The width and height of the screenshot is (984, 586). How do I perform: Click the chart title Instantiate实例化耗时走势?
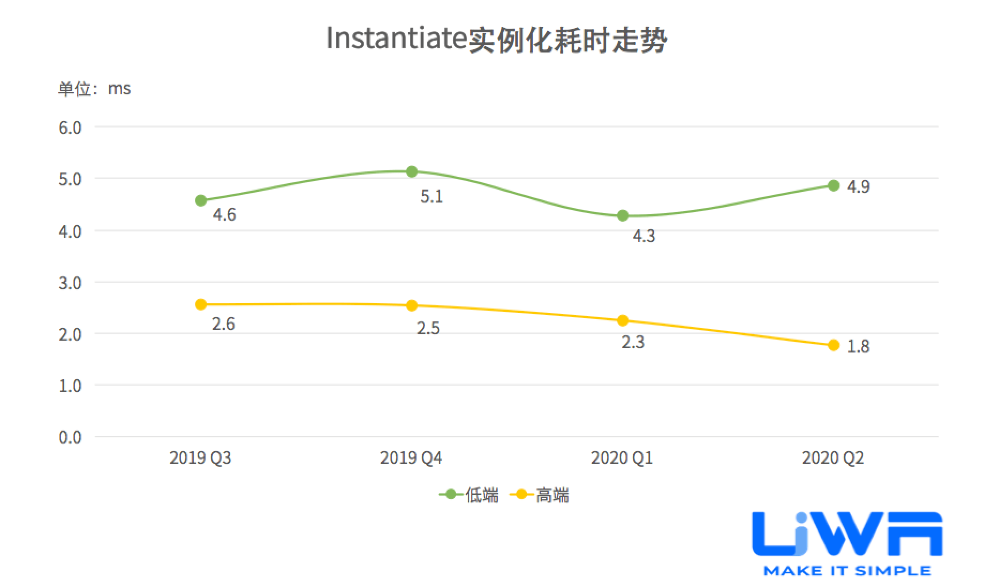click(496, 39)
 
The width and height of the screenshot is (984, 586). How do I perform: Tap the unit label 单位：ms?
click(94, 88)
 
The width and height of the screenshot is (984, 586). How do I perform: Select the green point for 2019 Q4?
click(412, 172)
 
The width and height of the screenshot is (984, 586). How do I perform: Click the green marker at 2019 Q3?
click(201, 201)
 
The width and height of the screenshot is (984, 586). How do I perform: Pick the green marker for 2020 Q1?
click(623, 216)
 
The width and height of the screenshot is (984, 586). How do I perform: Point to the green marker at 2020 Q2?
click(834, 186)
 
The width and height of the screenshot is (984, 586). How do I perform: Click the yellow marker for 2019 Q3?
click(201, 305)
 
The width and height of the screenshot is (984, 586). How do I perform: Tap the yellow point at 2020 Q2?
click(834, 345)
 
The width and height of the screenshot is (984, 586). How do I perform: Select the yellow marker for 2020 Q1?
click(623, 321)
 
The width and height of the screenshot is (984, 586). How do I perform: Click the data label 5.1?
click(432, 197)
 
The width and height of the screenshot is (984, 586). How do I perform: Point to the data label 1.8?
click(858, 347)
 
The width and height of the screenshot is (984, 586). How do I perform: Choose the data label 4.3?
click(644, 236)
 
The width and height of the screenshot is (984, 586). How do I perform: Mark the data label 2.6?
click(223, 324)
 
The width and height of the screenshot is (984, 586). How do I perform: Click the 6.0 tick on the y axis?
click(70, 127)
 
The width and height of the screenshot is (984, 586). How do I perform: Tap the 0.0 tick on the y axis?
click(70, 437)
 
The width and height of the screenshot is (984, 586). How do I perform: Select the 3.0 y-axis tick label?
click(70, 283)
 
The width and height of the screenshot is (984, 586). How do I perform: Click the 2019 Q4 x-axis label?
click(411, 458)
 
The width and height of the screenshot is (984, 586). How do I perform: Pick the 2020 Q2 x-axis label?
click(833, 458)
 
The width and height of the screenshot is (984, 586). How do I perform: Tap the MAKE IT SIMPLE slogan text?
click(847, 571)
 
